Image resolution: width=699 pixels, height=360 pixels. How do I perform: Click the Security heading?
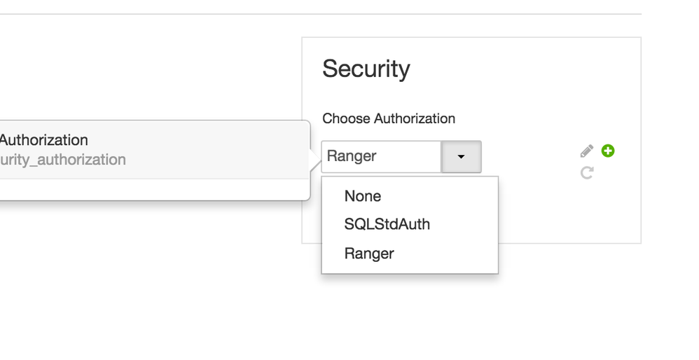[x=366, y=69]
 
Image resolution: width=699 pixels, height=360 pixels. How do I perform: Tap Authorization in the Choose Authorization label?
[x=415, y=118]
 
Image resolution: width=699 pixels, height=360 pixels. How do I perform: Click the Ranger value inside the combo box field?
[x=352, y=156]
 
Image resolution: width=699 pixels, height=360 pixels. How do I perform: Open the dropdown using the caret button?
[x=461, y=156]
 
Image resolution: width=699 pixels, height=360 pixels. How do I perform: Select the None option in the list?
[x=363, y=196]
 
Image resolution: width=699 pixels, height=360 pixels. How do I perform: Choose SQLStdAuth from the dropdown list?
[x=387, y=224]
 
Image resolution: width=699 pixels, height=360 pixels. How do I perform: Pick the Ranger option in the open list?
[x=369, y=254]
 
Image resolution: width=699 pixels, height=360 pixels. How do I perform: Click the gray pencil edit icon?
[x=587, y=151]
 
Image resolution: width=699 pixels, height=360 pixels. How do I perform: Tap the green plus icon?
[x=608, y=151]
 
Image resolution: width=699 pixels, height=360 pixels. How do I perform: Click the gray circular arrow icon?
[x=587, y=172]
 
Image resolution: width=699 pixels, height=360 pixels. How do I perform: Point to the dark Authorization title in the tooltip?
[x=43, y=140]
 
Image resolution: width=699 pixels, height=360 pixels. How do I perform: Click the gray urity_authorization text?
[x=63, y=160]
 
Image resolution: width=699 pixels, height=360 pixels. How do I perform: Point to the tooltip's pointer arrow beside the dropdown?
[x=315, y=160]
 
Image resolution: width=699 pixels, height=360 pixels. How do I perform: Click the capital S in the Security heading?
[x=330, y=69]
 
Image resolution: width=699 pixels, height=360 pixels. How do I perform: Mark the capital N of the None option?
[x=349, y=196]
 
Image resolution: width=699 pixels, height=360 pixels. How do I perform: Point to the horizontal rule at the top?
[x=321, y=14]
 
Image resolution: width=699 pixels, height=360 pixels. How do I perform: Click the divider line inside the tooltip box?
[x=155, y=179]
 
